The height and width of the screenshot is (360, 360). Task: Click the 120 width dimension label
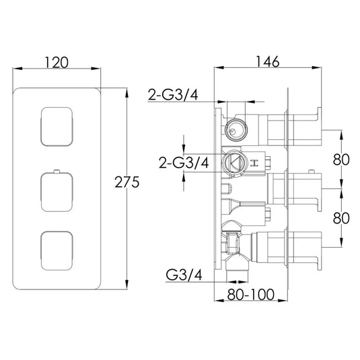point(57,63)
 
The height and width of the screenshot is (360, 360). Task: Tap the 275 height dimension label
point(127,182)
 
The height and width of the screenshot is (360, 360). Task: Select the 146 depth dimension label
point(267,61)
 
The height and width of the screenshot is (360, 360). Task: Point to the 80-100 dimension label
point(251,294)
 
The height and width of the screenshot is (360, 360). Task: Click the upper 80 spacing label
point(341,159)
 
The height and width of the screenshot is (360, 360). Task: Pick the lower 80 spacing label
point(341,218)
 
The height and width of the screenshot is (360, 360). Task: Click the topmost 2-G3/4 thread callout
point(173,95)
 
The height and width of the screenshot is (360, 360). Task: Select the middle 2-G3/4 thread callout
point(184,163)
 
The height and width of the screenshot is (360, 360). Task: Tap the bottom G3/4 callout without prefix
point(184,275)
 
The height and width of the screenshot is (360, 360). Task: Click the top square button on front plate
point(57,127)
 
